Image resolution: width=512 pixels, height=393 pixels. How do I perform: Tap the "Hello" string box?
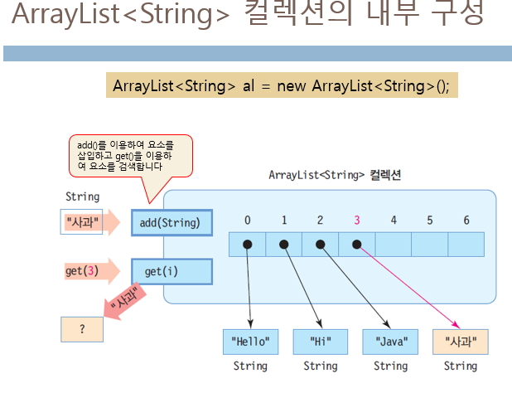tap(250, 342)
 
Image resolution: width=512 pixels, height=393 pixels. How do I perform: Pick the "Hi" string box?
tap(320, 342)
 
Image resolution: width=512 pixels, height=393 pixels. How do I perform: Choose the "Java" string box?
tap(390, 342)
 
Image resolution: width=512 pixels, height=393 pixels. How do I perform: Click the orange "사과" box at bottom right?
tap(461, 342)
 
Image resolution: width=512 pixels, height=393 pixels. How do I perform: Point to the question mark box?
tap(82, 329)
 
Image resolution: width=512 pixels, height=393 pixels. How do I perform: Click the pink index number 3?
tap(357, 221)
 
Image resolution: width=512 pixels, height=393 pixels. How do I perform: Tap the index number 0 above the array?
tap(248, 221)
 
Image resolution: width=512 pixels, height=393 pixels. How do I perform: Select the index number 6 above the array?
tap(466, 221)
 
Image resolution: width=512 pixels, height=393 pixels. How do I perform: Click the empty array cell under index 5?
tap(430, 245)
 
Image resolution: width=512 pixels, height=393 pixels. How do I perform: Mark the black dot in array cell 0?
tap(248, 245)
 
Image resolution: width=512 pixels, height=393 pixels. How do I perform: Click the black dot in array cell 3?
tap(357, 245)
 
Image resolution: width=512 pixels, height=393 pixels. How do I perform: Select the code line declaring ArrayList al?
tap(281, 86)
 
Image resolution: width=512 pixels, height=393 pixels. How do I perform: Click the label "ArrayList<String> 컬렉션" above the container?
tap(335, 175)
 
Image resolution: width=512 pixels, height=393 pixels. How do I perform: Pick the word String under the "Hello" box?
tap(250, 366)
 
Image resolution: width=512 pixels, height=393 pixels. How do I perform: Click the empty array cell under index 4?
tap(394, 245)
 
